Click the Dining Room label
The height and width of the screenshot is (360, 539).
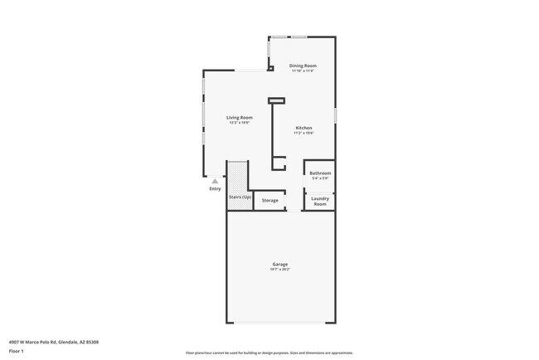tap(303, 66)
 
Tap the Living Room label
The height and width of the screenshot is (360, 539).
tap(240, 118)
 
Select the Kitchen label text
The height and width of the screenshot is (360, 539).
tap(303, 128)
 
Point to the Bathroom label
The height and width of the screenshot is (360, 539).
tap(320, 173)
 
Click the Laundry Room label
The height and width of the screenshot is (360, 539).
tap(320, 200)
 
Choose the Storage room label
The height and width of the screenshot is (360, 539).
tap(270, 201)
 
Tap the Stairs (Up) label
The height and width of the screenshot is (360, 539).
tap(240, 197)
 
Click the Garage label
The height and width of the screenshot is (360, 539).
tap(280, 264)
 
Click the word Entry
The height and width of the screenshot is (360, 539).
tap(215, 189)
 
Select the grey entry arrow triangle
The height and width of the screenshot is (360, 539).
tap(215, 180)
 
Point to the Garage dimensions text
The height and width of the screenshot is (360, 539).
tap(280, 270)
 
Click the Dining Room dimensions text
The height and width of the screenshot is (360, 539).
tap(303, 71)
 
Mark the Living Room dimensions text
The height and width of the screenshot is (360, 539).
tap(240, 123)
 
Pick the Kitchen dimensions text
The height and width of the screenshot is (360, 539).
tap(303, 133)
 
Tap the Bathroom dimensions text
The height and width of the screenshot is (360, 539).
tap(320, 178)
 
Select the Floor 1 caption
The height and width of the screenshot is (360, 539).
tap(17, 351)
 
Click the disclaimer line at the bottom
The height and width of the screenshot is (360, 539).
tap(269, 353)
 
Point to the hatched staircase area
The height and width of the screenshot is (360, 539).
tap(237, 177)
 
